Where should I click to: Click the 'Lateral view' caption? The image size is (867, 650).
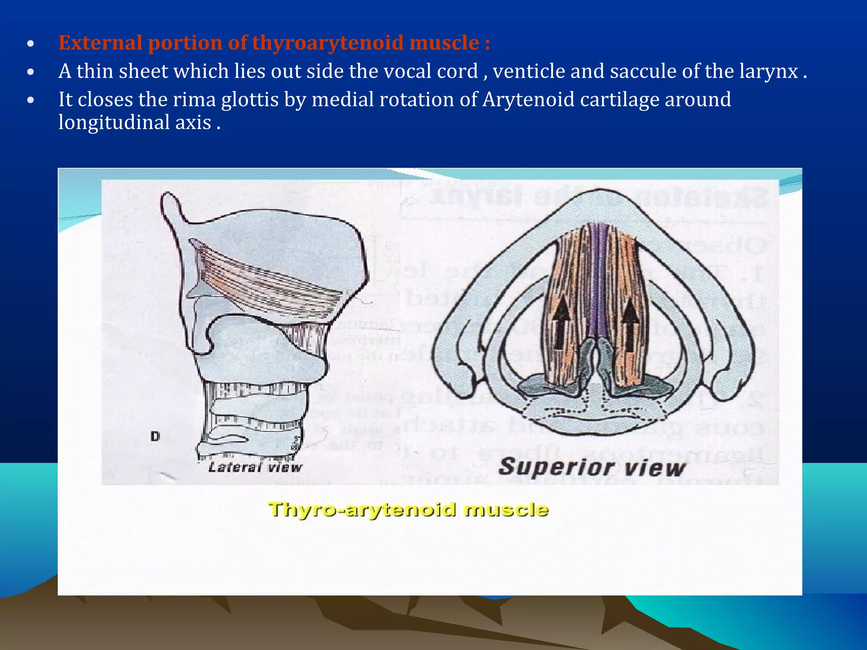255,467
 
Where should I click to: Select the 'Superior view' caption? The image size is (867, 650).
591,467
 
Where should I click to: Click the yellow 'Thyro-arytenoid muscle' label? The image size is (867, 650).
409,510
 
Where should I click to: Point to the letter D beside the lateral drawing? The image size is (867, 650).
155,436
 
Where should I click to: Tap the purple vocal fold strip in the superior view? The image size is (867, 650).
598,279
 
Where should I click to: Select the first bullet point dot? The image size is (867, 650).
30,44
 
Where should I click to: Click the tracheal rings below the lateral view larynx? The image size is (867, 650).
254,419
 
